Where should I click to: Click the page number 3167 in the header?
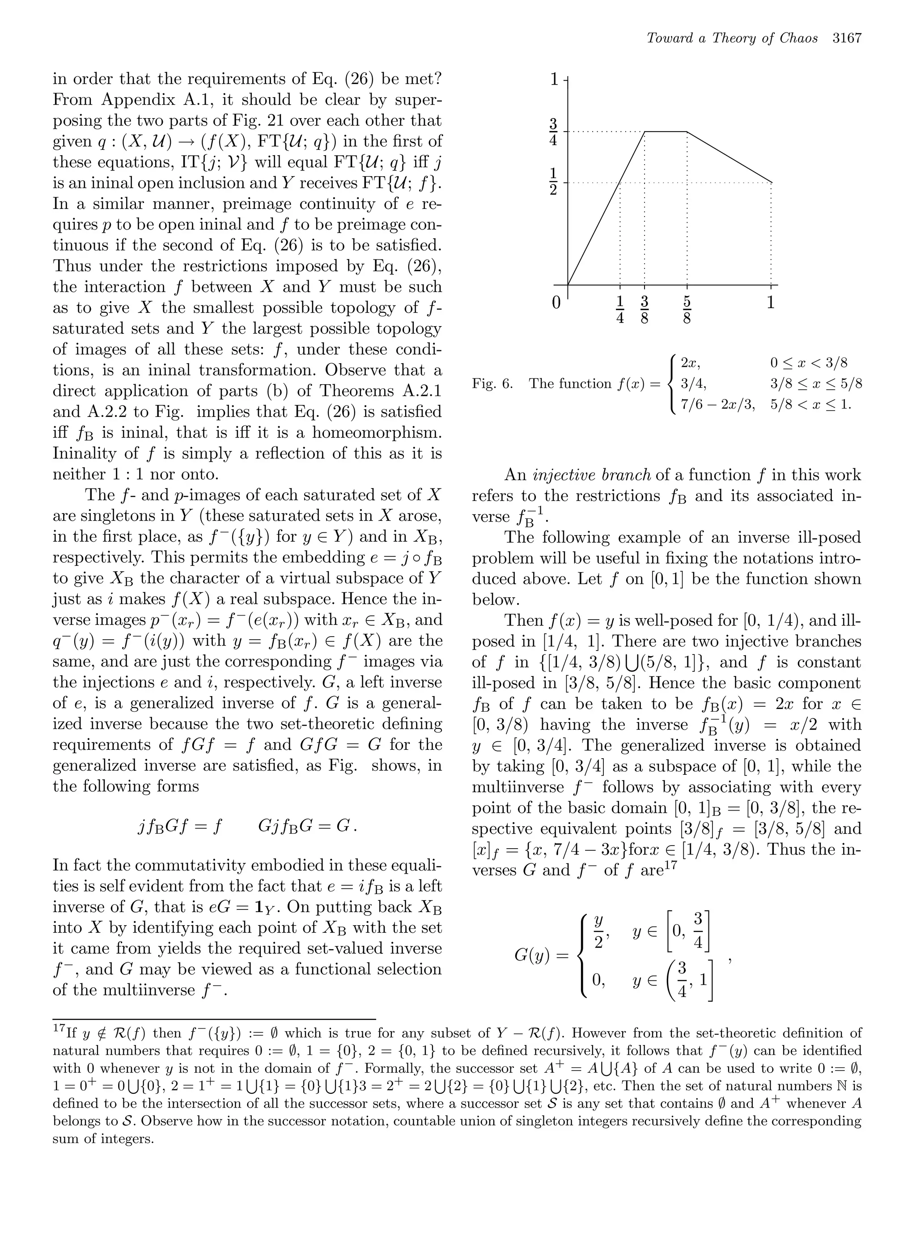click(847, 38)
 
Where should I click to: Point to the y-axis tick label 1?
click(554, 80)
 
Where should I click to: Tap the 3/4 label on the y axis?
click(553, 132)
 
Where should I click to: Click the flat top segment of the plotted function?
click(666, 132)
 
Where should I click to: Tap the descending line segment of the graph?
click(729, 157)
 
